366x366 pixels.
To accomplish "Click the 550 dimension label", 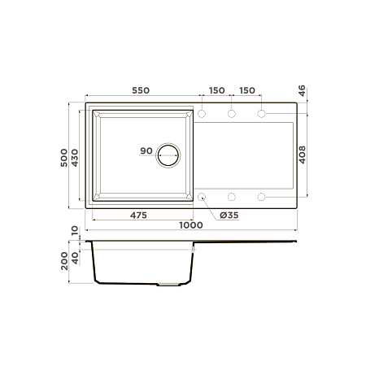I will [x=138, y=89].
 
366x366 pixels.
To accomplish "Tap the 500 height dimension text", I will [x=65, y=154].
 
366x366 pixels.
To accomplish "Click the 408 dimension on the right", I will [x=302, y=155].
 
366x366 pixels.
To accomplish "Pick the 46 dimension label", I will [x=302, y=91].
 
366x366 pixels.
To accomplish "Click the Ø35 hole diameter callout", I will [x=228, y=216].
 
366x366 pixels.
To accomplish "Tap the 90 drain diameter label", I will [x=146, y=151].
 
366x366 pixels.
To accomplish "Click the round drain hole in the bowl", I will [x=169, y=154].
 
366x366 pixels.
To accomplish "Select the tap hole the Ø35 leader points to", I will [x=202, y=197].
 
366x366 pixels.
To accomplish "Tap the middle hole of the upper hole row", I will [x=232, y=113].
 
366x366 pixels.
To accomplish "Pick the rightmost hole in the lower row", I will [x=262, y=197].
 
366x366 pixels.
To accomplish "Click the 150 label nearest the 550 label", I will [x=216, y=89].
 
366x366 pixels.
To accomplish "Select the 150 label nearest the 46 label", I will [x=246, y=89].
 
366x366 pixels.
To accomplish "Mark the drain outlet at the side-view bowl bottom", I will [x=169, y=285].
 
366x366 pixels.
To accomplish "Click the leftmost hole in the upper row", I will [x=202, y=113].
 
